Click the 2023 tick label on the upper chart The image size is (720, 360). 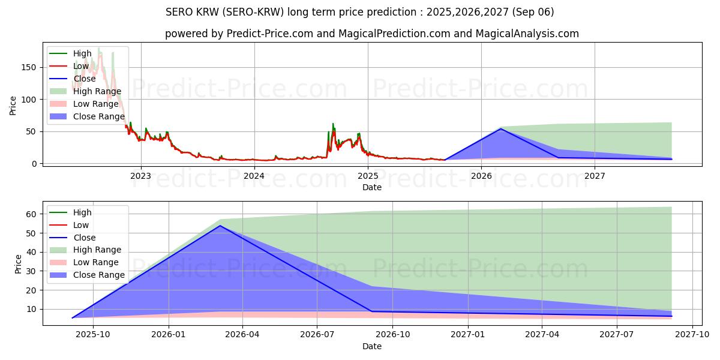point(140,176)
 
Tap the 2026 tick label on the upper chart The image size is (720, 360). point(481,176)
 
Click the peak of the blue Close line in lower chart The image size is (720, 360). point(220,226)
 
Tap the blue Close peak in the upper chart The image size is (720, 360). point(500,128)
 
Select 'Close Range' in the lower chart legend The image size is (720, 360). point(99,275)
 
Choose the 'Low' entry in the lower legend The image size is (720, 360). point(81,225)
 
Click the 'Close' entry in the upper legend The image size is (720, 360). point(84,79)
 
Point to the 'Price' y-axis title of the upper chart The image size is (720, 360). point(13,105)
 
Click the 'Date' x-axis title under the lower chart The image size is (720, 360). point(372,346)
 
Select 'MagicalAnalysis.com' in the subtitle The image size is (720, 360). point(527,34)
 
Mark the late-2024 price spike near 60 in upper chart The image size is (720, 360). point(333,124)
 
